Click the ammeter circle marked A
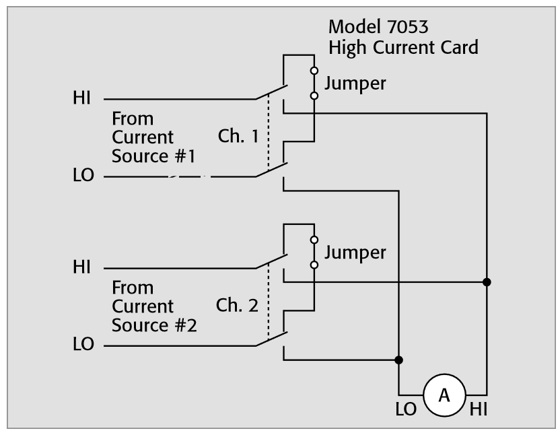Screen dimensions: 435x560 point(444,395)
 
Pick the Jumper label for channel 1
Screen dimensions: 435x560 point(355,83)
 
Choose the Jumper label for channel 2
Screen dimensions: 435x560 point(355,253)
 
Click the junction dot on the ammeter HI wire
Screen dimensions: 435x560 point(487,281)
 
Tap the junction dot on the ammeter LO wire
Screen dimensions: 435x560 point(398,360)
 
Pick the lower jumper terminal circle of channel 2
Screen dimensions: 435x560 point(314,265)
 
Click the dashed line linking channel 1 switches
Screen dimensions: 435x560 point(269,135)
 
